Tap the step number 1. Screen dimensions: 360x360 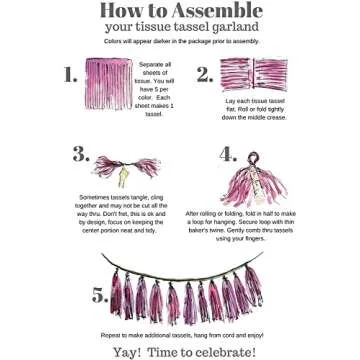coord(69,75)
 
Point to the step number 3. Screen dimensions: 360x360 coord(81,154)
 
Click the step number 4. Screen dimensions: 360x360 coord(228,154)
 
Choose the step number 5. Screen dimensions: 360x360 coord(100,294)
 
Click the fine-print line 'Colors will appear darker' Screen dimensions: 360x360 coord(180,44)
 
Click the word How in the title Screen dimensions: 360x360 coord(128,11)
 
